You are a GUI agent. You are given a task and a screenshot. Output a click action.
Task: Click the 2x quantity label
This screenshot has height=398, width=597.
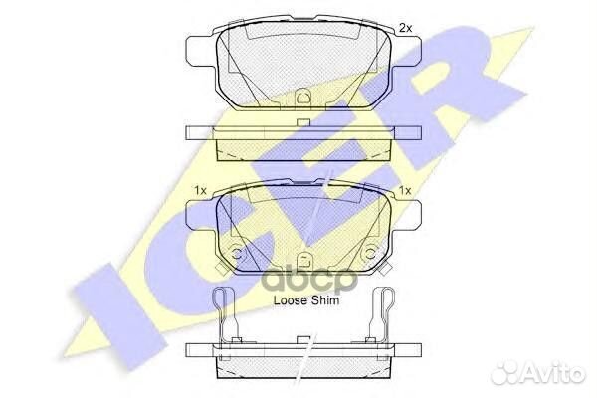(406, 28)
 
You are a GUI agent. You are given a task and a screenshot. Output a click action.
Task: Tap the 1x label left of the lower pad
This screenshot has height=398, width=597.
(200, 190)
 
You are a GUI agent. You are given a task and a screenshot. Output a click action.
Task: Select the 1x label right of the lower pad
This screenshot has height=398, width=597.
(405, 190)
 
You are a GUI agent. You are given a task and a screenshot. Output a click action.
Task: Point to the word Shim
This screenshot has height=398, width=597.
(325, 300)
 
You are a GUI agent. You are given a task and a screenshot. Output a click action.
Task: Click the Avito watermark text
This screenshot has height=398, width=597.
(555, 374)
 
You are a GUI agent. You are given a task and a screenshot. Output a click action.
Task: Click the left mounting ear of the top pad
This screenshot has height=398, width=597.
(201, 51)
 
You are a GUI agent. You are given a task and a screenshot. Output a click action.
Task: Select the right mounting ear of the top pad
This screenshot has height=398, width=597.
(406, 51)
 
